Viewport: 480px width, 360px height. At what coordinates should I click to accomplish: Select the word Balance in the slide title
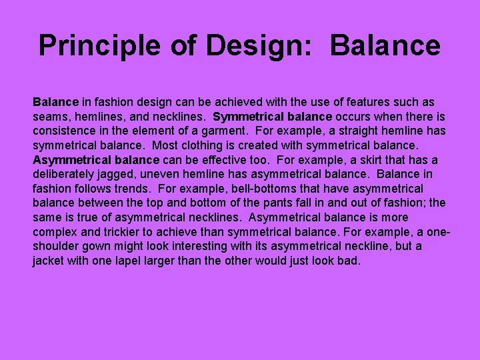385,45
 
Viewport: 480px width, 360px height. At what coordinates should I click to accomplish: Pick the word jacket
50,261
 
